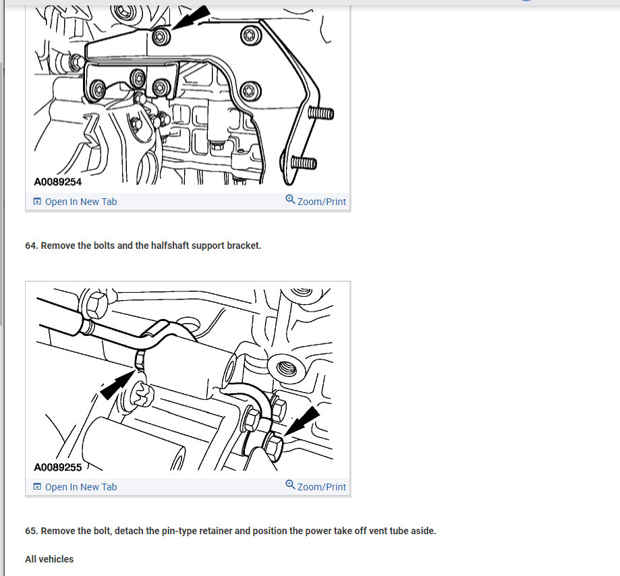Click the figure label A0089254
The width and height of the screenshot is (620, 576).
tap(58, 182)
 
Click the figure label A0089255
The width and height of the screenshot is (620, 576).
tap(58, 467)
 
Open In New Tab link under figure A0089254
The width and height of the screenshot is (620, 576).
tap(75, 202)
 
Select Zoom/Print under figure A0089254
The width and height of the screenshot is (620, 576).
tap(316, 201)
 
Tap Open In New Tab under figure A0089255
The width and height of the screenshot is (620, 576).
tap(75, 487)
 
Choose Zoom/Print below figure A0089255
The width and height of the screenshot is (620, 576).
tap(316, 487)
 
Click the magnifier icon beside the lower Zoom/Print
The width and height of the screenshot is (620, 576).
tap(290, 484)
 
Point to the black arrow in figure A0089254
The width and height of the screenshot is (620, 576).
tap(190, 18)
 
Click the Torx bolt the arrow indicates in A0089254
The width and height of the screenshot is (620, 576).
tap(161, 37)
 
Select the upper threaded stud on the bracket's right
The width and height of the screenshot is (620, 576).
tap(320, 113)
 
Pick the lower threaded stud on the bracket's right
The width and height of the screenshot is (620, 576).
tap(304, 163)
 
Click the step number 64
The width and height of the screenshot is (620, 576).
tap(32, 246)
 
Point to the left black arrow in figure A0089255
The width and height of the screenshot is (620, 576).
tap(117, 385)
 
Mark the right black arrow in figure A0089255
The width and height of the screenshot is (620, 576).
tap(302, 422)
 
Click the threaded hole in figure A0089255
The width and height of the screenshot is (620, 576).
tap(287, 368)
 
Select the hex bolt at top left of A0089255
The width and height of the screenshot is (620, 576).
tap(95, 305)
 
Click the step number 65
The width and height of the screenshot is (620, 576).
tap(32, 531)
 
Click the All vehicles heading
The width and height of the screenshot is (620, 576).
tap(49, 559)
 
